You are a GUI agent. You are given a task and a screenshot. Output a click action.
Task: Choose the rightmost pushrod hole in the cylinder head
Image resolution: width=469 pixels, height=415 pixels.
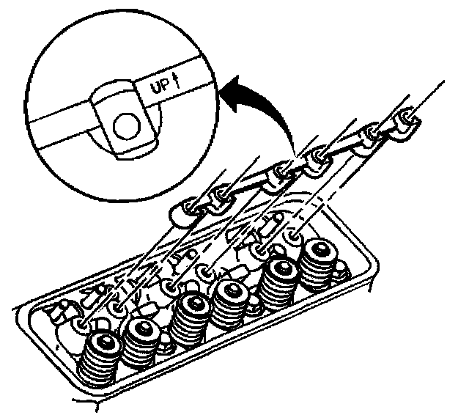(294, 236)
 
